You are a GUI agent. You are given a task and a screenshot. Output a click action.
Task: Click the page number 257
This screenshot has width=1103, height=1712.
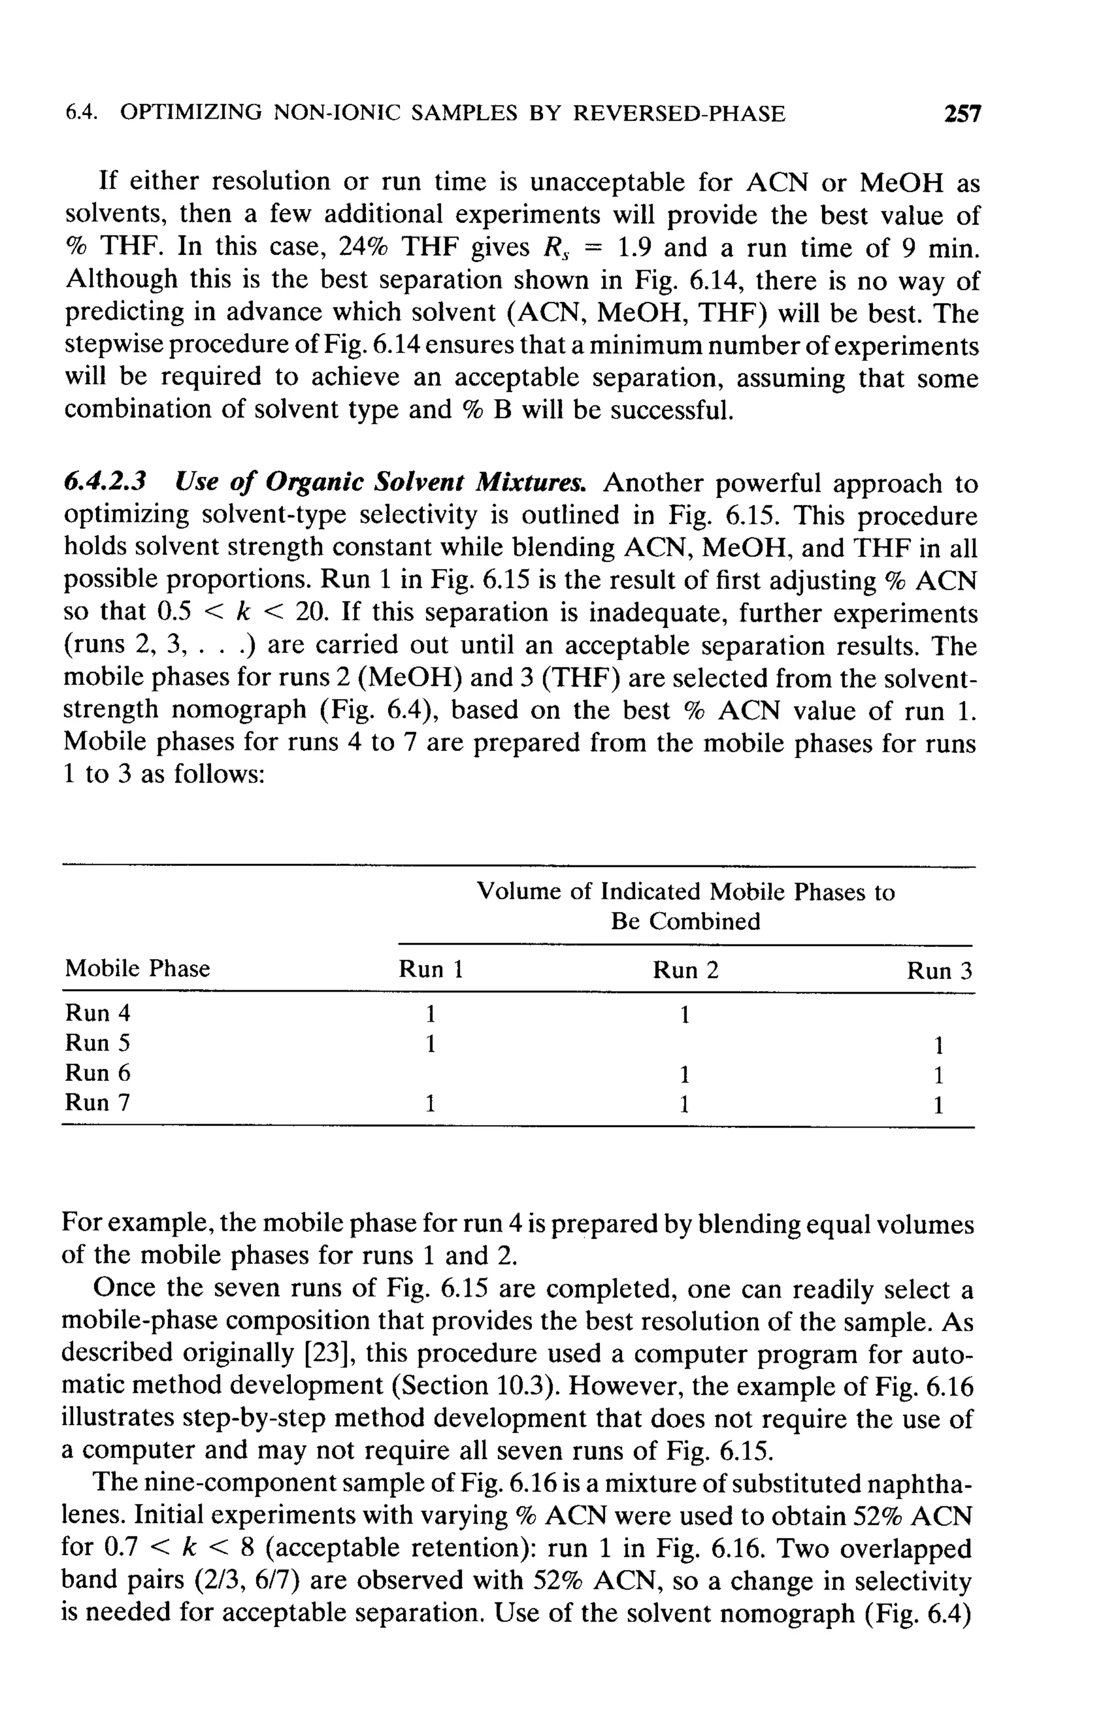pos(962,114)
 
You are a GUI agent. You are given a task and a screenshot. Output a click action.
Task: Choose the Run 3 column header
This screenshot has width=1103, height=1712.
pos(939,970)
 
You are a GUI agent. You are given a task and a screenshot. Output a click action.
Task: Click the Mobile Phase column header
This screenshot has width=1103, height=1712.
pos(137,968)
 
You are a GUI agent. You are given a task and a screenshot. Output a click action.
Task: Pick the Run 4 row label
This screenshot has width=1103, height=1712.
pos(98,1013)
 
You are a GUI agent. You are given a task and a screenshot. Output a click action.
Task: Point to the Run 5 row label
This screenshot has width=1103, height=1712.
pos(98,1043)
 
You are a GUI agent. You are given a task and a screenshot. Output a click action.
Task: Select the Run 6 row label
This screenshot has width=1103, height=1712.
pos(98,1073)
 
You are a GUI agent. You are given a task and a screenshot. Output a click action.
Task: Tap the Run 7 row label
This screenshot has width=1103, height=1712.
pos(98,1102)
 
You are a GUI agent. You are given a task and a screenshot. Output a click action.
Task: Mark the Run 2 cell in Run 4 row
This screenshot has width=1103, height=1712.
pos(684,1015)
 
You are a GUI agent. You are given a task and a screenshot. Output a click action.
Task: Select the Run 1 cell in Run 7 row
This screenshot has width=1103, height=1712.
pos(430,1104)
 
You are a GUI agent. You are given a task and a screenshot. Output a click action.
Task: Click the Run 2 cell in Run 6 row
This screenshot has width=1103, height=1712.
pos(684,1075)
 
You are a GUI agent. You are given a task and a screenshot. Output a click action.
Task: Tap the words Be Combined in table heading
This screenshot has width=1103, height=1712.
pos(686,921)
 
